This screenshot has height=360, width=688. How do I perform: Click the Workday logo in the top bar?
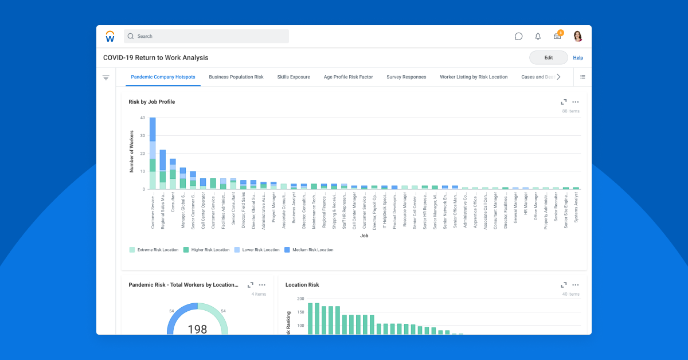pyautogui.click(x=110, y=36)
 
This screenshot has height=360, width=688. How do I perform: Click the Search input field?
pyautogui.click(x=206, y=36)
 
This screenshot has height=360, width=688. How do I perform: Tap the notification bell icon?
pyautogui.click(x=538, y=36)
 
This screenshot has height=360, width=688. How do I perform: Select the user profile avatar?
pyautogui.click(x=577, y=36)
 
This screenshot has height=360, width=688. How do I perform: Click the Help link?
pyautogui.click(x=578, y=58)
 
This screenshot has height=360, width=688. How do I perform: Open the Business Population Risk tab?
pyautogui.click(x=236, y=77)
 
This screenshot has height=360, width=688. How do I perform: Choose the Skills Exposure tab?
pyautogui.click(x=294, y=77)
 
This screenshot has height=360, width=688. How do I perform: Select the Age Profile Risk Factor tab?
pyautogui.click(x=348, y=77)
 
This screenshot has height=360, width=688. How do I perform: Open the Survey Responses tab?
pyautogui.click(x=406, y=77)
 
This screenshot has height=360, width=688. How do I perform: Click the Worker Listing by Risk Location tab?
pyautogui.click(x=474, y=77)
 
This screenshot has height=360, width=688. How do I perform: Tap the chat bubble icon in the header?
pyautogui.click(x=518, y=36)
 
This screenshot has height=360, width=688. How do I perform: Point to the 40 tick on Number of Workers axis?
pyautogui.click(x=142, y=118)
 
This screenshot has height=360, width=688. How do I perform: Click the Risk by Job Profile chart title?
pyautogui.click(x=152, y=102)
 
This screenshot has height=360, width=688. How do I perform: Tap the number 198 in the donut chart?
pyautogui.click(x=197, y=329)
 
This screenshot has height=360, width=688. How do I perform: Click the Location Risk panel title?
pyautogui.click(x=302, y=285)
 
